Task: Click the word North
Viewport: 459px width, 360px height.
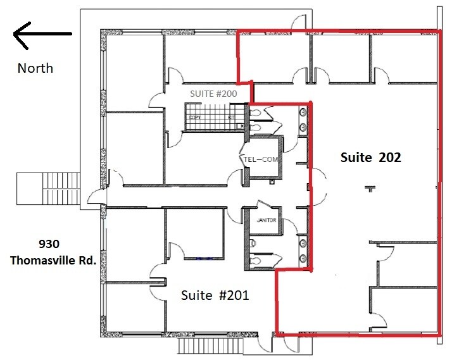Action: click(35, 68)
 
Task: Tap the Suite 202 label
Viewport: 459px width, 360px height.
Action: click(370, 158)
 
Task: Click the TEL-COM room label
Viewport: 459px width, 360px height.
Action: click(261, 159)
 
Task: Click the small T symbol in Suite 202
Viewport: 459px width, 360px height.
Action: click(370, 188)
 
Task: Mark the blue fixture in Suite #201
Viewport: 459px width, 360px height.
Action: click(204, 258)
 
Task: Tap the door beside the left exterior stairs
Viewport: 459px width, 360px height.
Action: click(95, 197)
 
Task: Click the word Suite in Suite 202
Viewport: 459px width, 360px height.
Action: click(355, 158)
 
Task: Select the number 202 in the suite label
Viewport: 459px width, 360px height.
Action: click(389, 158)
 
